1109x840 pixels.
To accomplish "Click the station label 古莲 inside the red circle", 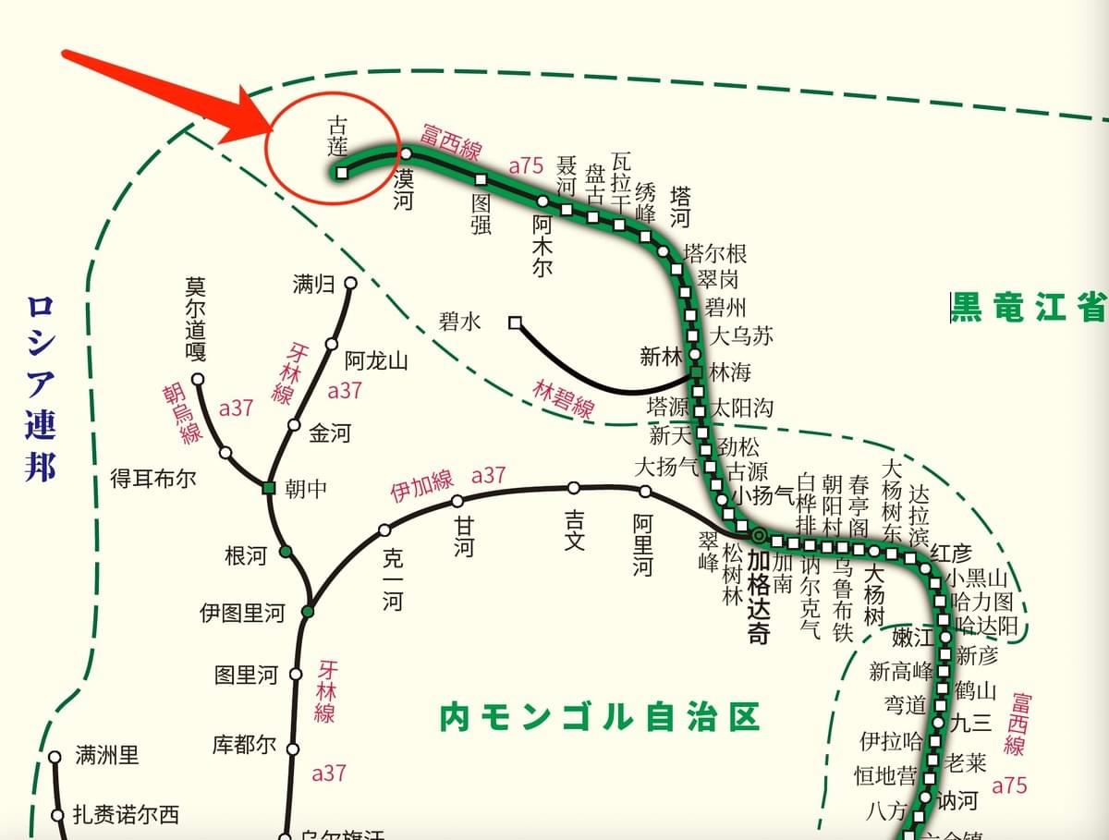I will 338,135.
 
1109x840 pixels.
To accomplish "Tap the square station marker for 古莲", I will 342,173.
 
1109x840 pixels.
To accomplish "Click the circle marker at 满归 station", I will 350,284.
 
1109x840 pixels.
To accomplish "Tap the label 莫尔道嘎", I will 196,319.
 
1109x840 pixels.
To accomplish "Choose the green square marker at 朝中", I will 269,487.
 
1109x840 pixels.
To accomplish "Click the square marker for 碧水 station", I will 515,323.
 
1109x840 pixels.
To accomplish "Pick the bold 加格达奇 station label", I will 760,597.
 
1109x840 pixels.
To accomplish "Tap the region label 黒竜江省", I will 1030,307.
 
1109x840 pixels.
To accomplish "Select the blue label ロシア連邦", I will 41,388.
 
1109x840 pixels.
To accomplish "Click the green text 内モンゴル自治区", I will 599,716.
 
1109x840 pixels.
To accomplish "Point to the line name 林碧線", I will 564,397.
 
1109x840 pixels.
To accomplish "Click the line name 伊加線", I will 421,486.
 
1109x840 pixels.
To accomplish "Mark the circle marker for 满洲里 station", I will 55,756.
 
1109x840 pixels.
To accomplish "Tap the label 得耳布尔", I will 153,480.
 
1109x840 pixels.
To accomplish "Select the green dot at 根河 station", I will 286,552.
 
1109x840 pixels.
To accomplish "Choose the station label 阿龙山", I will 376,360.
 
